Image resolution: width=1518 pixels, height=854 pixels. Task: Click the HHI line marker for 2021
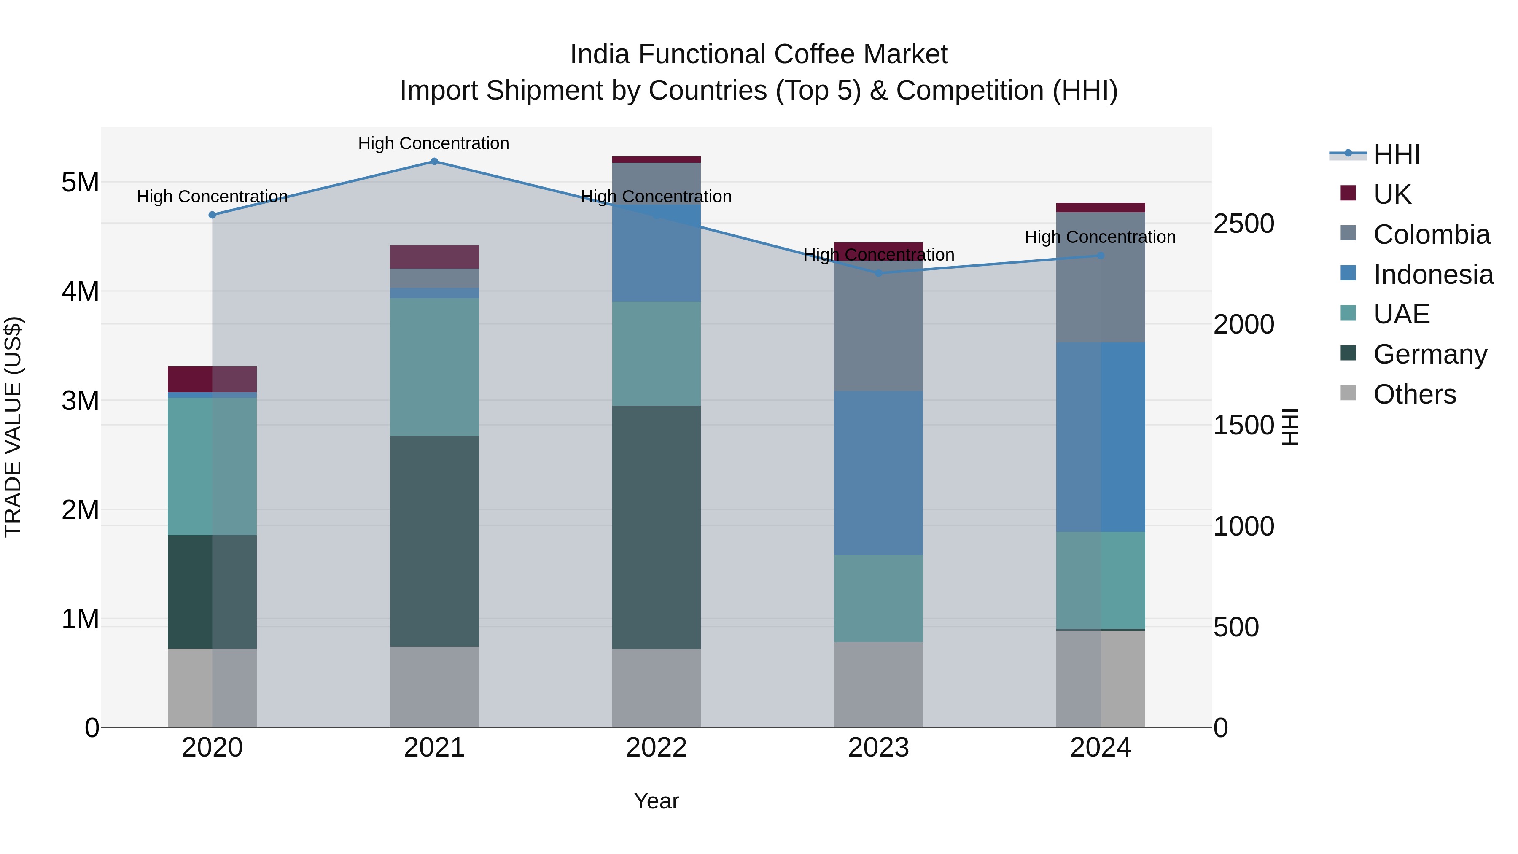tap(434, 162)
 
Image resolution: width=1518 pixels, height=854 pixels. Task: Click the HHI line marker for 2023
tap(878, 273)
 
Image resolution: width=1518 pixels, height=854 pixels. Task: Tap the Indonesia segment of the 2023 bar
tap(878, 473)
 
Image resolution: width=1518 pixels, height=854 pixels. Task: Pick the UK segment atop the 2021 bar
tap(434, 257)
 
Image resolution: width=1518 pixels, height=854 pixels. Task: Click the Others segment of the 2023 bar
tap(878, 685)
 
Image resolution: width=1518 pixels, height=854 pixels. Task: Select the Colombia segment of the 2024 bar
tap(1100, 277)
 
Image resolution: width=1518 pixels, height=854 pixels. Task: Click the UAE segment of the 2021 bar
tap(434, 367)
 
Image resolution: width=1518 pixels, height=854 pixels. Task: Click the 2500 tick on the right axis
tap(1243, 224)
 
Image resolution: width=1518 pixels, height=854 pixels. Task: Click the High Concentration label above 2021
tap(434, 144)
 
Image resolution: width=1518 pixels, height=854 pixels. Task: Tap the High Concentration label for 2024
tap(1100, 237)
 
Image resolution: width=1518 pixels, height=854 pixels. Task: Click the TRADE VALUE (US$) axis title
tap(13, 427)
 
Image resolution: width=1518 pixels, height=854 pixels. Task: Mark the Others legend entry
tap(1414, 394)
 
